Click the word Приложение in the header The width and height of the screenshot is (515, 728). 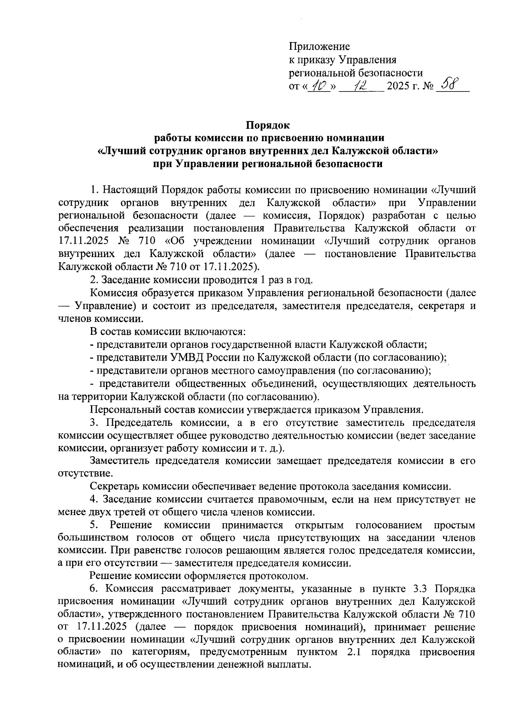tap(319, 46)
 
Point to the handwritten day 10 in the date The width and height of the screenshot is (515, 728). tap(319, 86)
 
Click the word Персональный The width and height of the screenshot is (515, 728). tap(123, 409)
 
